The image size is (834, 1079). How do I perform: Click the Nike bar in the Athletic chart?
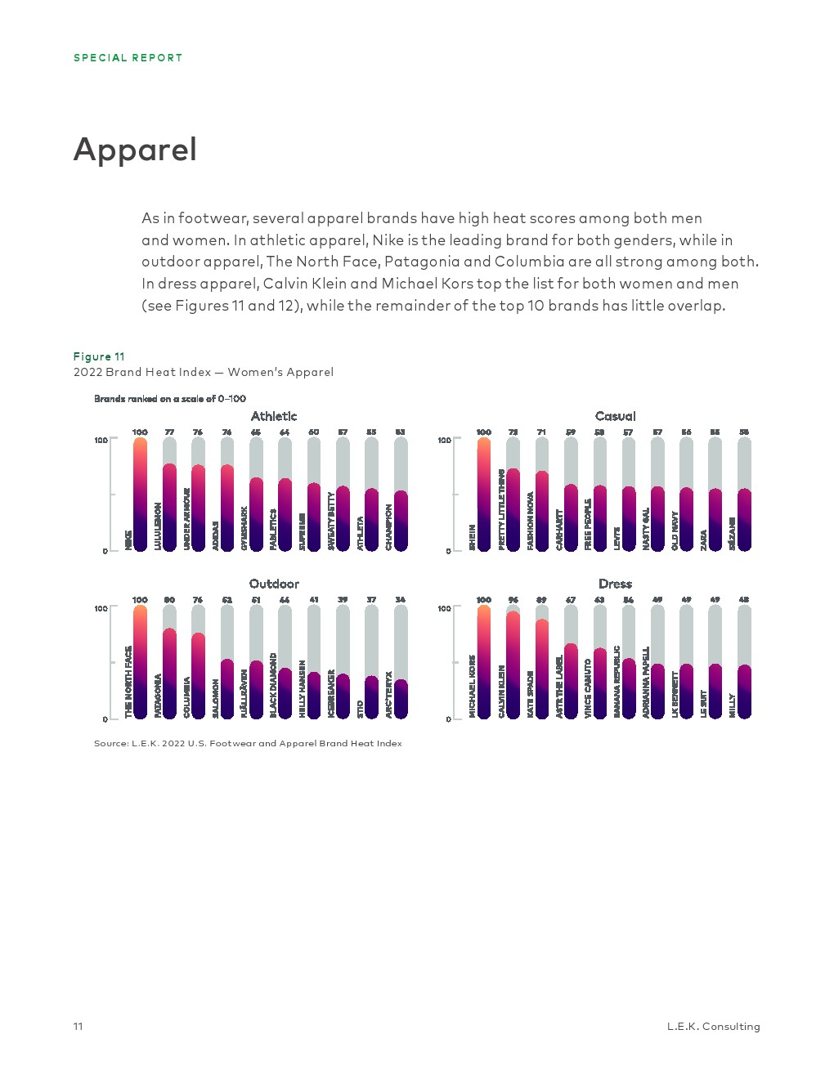140,494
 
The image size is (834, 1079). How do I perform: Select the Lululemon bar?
169,507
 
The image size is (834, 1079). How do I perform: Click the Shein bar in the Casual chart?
484,494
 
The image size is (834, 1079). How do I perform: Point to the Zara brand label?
703,539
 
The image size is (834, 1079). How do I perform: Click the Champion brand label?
389,527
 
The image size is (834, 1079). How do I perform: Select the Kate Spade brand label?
531,695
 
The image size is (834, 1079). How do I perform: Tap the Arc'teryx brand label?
389,695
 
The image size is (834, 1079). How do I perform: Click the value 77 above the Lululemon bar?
169,432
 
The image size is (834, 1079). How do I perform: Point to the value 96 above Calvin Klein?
513,600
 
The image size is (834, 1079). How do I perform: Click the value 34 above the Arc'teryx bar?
400,600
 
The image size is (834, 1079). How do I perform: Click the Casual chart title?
615,416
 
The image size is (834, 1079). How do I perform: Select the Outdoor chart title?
274,584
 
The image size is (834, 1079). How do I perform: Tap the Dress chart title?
615,584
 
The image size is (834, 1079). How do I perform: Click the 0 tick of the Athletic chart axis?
105,551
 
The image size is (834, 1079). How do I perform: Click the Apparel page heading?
135,150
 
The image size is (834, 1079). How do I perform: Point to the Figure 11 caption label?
99,356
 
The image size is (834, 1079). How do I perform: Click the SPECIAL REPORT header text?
128,58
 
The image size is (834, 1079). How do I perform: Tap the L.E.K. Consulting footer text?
713,1027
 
